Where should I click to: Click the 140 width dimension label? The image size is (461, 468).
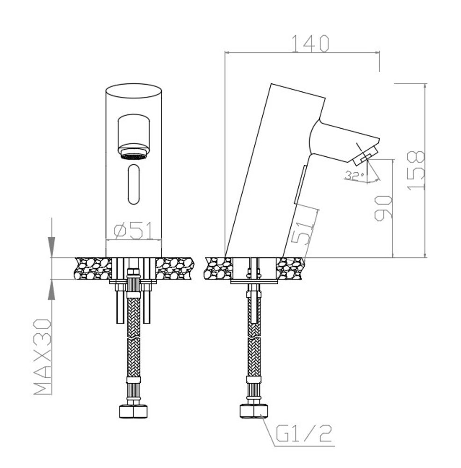310,44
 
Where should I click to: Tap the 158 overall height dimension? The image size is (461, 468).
416,170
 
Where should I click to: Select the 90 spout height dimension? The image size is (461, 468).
383,208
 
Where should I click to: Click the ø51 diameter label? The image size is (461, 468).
134,231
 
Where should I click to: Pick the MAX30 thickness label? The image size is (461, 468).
43,357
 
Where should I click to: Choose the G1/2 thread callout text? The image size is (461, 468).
303,434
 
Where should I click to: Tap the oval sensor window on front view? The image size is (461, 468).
134,184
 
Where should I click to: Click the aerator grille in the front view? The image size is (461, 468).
134,156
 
